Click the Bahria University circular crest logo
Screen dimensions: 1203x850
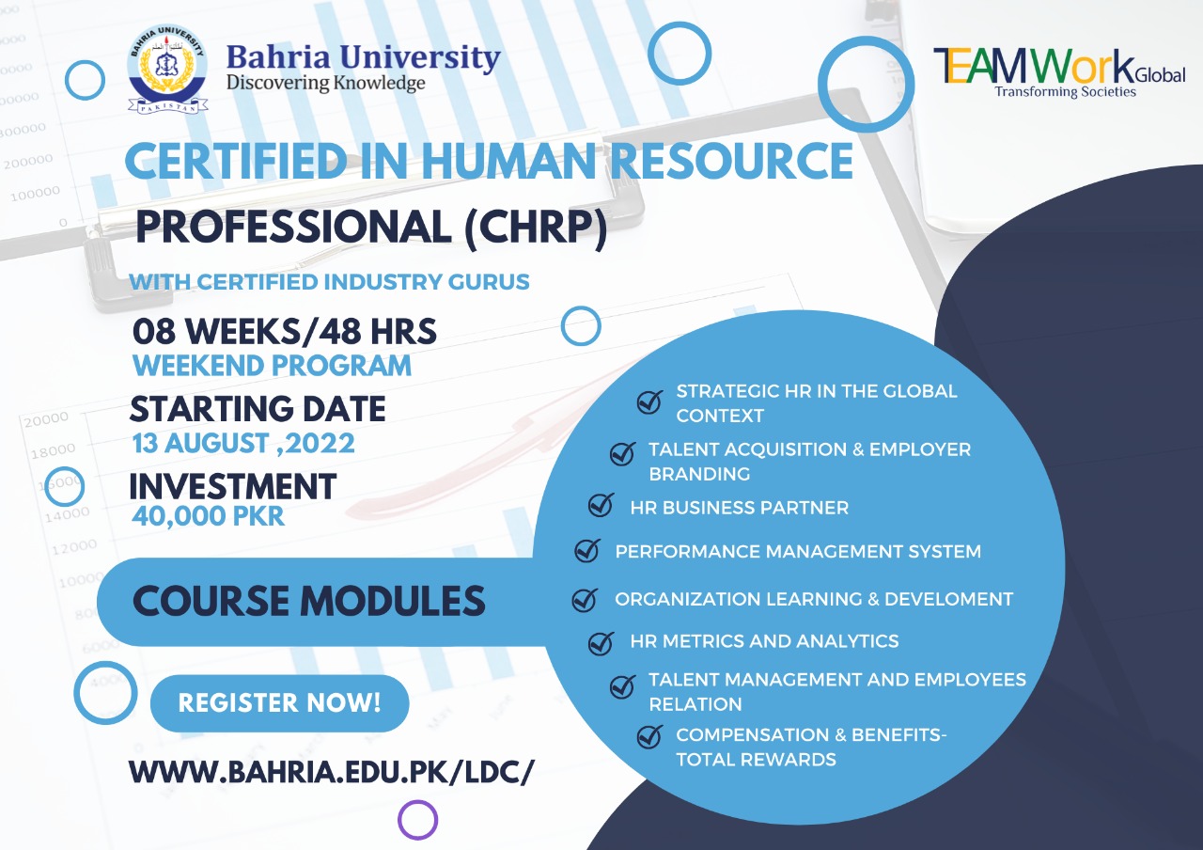point(168,70)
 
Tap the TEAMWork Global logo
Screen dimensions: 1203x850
point(1059,73)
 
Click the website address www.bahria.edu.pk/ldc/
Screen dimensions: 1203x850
point(332,773)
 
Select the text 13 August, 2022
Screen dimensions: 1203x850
point(243,444)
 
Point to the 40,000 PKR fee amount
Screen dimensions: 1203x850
point(208,516)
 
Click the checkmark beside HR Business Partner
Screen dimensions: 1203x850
point(601,505)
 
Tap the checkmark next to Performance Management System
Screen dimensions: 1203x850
point(587,550)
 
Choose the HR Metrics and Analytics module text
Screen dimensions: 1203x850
point(764,641)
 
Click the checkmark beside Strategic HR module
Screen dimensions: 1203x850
point(649,401)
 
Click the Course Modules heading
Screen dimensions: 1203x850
point(309,601)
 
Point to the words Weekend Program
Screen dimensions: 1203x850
point(272,366)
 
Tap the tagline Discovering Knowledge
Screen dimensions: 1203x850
point(325,84)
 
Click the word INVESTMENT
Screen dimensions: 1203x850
point(232,486)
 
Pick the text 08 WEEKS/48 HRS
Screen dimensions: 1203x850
point(284,331)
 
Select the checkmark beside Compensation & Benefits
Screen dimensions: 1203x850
point(649,736)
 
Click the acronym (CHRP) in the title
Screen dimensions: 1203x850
point(536,228)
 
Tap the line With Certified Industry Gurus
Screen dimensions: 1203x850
point(329,282)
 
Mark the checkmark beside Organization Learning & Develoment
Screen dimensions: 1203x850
point(585,600)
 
